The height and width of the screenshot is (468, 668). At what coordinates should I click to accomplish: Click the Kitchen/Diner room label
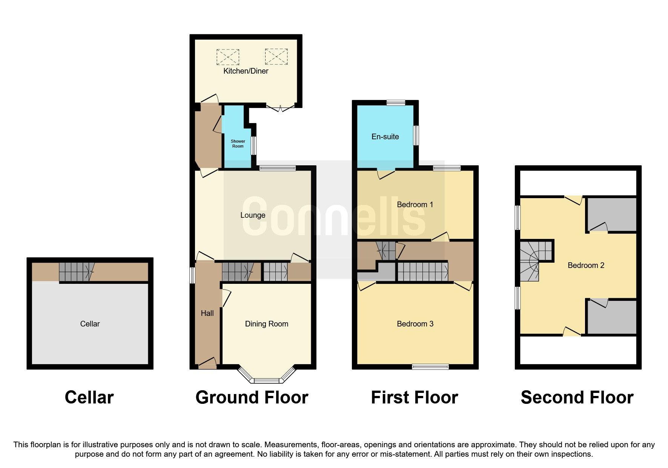pyautogui.click(x=246, y=71)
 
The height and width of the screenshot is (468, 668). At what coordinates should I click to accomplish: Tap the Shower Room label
pyautogui.click(x=238, y=144)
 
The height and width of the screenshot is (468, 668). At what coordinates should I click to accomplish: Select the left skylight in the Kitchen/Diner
pyautogui.click(x=227, y=57)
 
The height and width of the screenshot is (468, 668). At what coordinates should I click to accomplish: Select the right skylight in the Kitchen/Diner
pyautogui.click(x=276, y=57)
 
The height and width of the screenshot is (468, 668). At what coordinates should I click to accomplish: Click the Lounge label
pyautogui.click(x=253, y=215)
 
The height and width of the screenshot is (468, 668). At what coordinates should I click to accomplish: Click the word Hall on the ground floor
pyautogui.click(x=207, y=313)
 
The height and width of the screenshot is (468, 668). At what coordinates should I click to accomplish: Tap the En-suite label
pyautogui.click(x=385, y=137)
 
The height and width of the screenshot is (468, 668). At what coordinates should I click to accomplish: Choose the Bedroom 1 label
pyautogui.click(x=415, y=205)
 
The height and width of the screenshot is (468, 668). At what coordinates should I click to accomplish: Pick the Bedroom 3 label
pyautogui.click(x=415, y=324)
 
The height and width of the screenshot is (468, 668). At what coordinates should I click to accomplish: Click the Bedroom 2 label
pyautogui.click(x=586, y=265)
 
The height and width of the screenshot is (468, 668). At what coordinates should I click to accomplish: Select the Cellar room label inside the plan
pyautogui.click(x=90, y=324)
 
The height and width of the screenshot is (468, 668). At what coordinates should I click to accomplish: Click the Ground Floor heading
pyautogui.click(x=252, y=397)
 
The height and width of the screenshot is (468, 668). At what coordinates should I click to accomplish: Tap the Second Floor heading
pyautogui.click(x=577, y=397)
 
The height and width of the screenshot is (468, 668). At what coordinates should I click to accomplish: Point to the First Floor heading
pyautogui.click(x=414, y=397)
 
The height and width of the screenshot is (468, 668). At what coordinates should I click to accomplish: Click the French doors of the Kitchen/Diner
pyautogui.click(x=280, y=107)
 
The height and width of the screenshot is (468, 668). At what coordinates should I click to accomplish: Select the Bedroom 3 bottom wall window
pyautogui.click(x=430, y=366)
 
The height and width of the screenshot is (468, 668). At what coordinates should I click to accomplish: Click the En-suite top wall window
pyautogui.click(x=396, y=102)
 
